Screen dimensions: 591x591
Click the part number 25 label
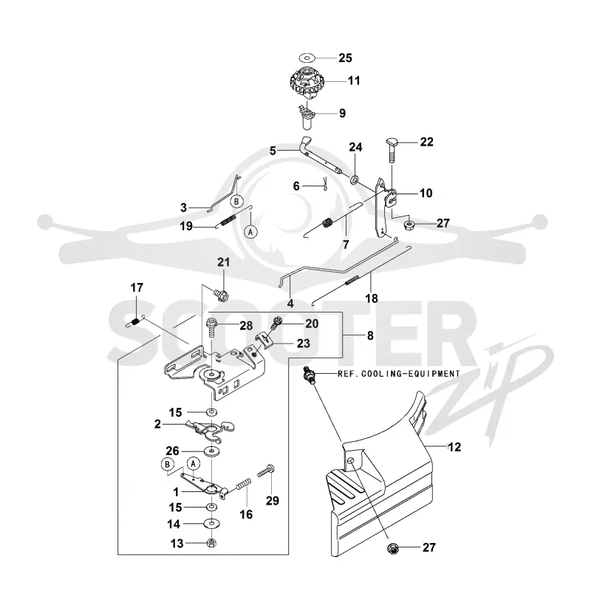pyautogui.click(x=345, y=58)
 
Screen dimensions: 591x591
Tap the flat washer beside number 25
pyautogui.click(x=307, y=58)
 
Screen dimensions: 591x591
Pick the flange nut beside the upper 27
pyautogui.click(x=409, y=225)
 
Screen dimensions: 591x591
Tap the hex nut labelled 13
pyautogui.click(x=212, y=543)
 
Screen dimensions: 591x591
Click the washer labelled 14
pyautogui.click(x=211, y=524)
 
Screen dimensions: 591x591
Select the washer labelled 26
pyautogui.click(x=211, y=451)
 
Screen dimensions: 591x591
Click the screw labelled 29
pyautogui.click(x=266, y=471)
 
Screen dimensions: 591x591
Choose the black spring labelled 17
pyautogui.click(x=135, y=322)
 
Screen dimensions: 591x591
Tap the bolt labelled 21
pyautogui.click(x=221, y=294)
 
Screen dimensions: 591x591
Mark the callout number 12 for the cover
pyautogui.click(x=454, y=447)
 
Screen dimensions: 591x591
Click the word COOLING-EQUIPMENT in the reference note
pyautogui.click(x=411, y=374)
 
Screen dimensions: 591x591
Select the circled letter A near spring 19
pyautogui.click(x=250, y=232)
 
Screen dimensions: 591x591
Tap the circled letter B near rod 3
pyautogui.click(x=236, y=201)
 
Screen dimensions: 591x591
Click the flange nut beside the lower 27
pyautogui.click(x=393, y=548)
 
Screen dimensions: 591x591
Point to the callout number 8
pyautogui.click(x=370, y=335)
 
